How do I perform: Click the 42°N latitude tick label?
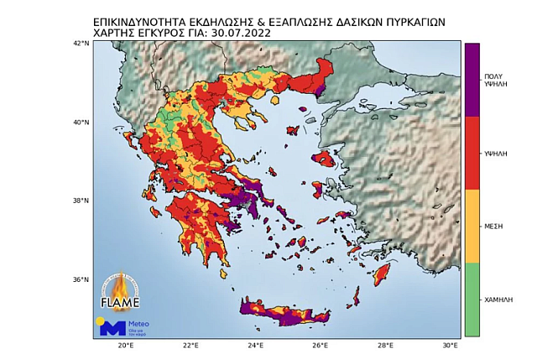coord(81,43)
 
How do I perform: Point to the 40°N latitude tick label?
coord(81,122)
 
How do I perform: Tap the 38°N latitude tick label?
coord(81,201)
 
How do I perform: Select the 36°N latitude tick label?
coord(81,279)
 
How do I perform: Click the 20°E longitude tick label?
coord(125,345)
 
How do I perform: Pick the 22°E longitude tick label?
coord(190,345)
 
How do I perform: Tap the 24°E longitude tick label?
coord(256,345)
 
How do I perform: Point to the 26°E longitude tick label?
coord(321,345)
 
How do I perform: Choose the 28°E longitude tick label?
coord(386,345)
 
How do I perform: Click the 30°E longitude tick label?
coord(451,345)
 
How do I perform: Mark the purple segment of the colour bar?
coord(472,80)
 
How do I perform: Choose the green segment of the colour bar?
coord(472,300)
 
